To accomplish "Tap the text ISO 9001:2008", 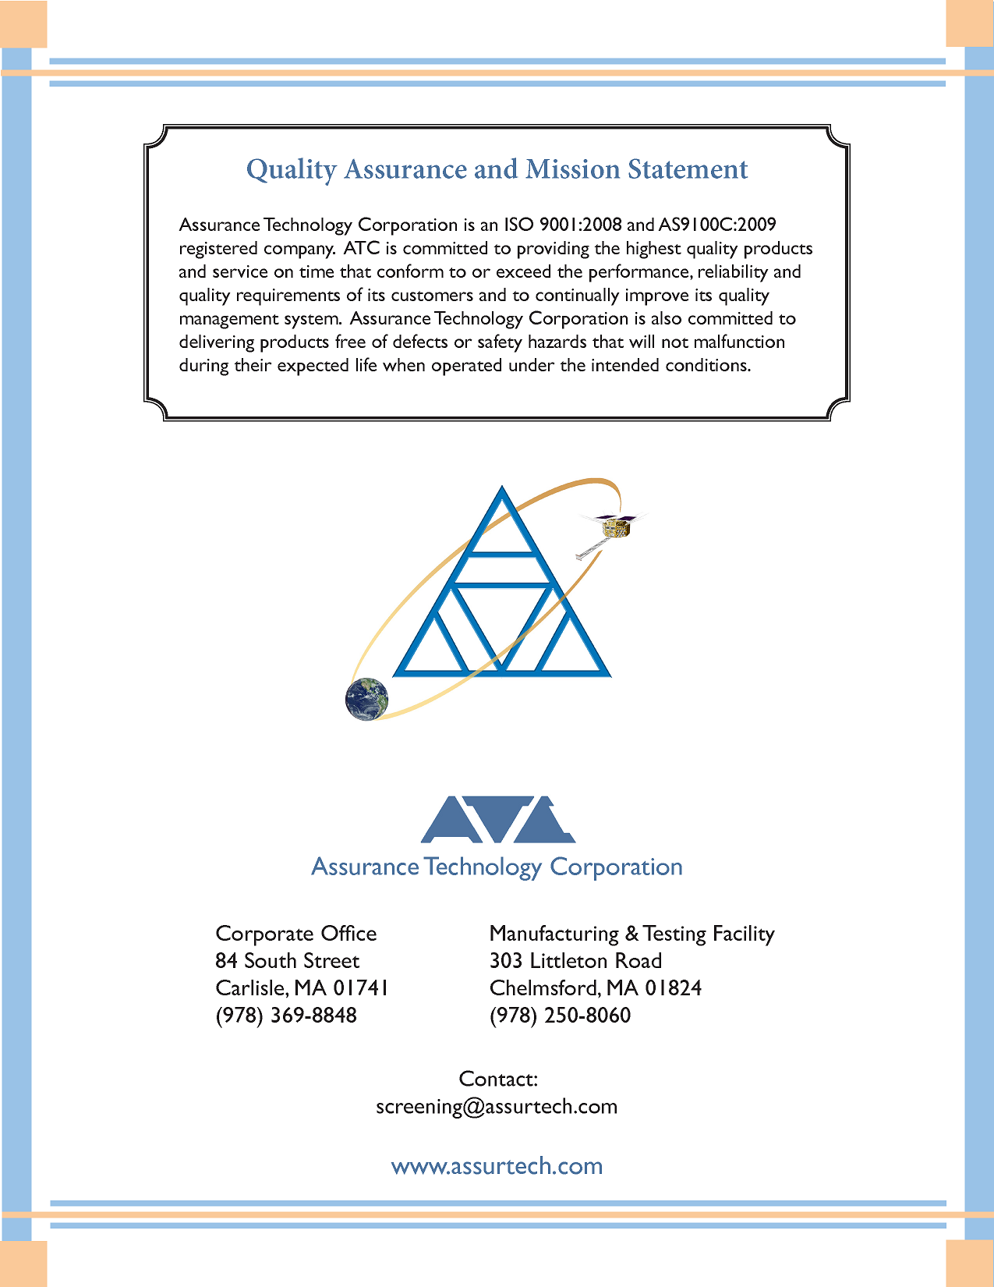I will [x=562, y=225].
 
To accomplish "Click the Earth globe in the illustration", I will [x=366, y=699].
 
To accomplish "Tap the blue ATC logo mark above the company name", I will [x=497, y=820].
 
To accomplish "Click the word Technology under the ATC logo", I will [x=483, y=867].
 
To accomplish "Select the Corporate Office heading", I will [x=295, y=934].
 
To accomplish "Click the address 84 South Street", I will [x=287, y=961].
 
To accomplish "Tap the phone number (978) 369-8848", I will [x=286, y=1016].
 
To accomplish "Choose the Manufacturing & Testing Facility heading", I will [x=631, y=934].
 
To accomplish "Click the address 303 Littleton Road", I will [x=575, y=961].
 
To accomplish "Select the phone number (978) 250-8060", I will [x=560, y=1016].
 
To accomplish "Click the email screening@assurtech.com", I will [x=497, y=1107].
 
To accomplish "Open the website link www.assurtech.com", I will [x=497, y=1166].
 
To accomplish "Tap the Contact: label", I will [x=498, y=1079].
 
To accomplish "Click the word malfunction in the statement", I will [x=739, y=342].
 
